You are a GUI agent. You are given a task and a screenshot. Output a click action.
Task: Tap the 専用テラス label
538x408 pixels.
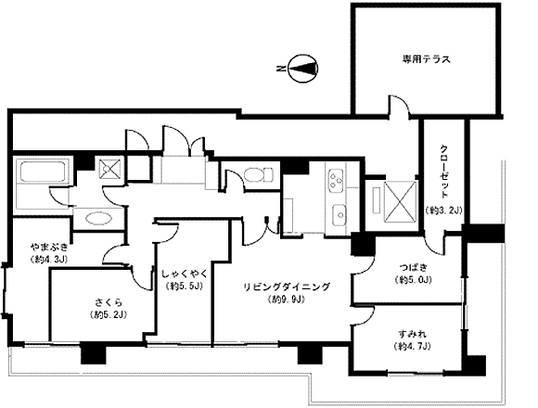point(426,59)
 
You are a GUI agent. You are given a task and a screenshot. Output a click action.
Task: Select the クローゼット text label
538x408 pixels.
point(444,172)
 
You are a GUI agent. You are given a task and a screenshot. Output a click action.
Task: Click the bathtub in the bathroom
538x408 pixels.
point(43,172)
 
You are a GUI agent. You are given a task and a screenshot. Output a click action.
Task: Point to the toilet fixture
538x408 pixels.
point(259,175)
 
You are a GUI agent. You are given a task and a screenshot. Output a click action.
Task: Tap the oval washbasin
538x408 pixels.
point(98,219)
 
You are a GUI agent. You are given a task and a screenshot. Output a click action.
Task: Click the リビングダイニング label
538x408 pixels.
point(287,287)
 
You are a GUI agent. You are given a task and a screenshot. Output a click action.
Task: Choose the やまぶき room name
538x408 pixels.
point(49,247)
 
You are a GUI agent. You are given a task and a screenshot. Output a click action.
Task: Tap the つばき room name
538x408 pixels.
point(414,266)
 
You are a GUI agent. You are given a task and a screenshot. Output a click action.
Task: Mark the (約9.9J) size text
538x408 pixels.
point(287,300)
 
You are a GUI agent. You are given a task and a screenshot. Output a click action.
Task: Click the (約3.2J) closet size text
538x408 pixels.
point(443,210)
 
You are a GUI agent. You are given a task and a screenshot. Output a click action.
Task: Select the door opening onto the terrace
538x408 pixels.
point(399,107)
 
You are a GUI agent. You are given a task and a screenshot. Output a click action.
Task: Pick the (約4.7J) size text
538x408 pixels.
point(413,346)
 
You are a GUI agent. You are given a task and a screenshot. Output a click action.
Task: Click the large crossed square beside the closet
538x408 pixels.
point(400,201)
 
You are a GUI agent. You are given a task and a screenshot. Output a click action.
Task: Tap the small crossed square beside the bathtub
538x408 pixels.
point(109,169)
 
